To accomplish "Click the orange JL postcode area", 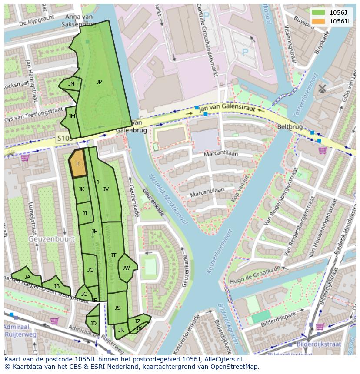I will click(78, 164).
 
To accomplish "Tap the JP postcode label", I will click(99, 82).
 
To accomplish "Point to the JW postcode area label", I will click(126, 268).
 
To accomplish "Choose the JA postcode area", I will click(27, 277).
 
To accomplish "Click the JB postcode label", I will click(57, 286).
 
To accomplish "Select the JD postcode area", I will click(93, 323).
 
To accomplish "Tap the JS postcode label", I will click(117, 308).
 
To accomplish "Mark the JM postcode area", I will click(72, 116).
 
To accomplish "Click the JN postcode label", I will click(71, 84).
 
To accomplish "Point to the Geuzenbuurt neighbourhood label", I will click(51, 239).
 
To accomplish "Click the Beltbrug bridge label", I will click(290, 126).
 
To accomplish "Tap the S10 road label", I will click(63, 138).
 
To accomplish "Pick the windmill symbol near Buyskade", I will click(322, 89).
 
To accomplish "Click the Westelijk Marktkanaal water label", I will click(167, 199).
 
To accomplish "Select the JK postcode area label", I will click(81, 189).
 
